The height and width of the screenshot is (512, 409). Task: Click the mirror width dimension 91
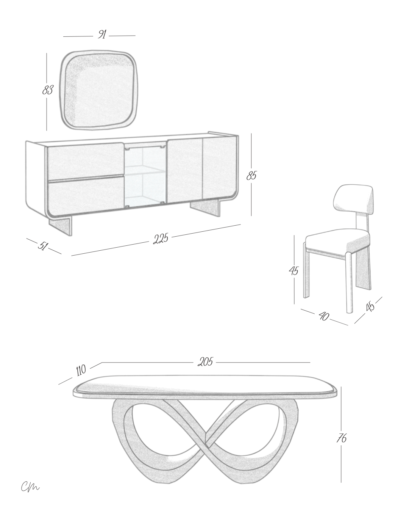click(102, 34)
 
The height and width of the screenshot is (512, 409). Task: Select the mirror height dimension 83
click(48, 90)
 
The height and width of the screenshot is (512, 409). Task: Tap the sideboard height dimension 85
click(251, 176)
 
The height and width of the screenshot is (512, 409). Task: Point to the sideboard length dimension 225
click(161, 239)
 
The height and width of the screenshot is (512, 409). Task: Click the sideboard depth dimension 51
click(43, 246)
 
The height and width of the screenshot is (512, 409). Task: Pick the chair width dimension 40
click(324, 316)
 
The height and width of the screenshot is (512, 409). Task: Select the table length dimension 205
click(206, 362)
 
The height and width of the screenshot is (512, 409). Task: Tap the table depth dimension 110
click(81, 371)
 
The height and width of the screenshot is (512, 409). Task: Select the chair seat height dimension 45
click(294, 270)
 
